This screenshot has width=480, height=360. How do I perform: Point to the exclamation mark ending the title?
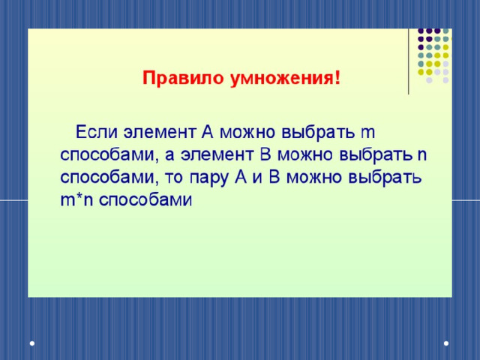point(337,78)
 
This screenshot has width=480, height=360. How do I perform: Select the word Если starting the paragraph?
point(97,132)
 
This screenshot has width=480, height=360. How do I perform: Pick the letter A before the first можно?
point(207,132)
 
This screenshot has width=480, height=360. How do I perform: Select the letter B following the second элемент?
point(265,155)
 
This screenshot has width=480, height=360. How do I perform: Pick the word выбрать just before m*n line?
point(385,178)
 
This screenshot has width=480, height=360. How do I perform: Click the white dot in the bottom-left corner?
point(32,343)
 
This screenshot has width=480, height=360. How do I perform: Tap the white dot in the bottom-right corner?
point(446,343)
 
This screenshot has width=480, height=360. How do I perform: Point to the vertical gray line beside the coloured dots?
point(409,61)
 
